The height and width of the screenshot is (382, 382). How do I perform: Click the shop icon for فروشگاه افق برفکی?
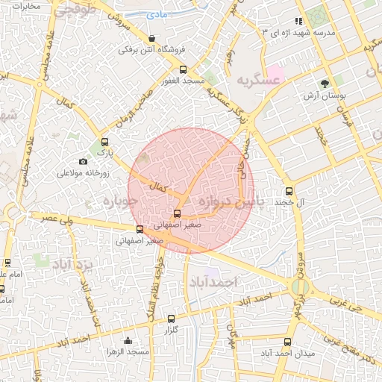click(153, 39)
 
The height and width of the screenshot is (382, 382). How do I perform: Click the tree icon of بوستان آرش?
click(324, 84)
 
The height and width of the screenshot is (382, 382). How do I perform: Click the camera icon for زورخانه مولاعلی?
click(83, 161)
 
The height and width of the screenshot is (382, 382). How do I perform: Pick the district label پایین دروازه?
click(228, 201)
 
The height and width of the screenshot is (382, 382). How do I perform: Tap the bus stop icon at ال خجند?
click(289, 190)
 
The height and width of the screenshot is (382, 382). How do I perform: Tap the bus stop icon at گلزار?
click(171, 319)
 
